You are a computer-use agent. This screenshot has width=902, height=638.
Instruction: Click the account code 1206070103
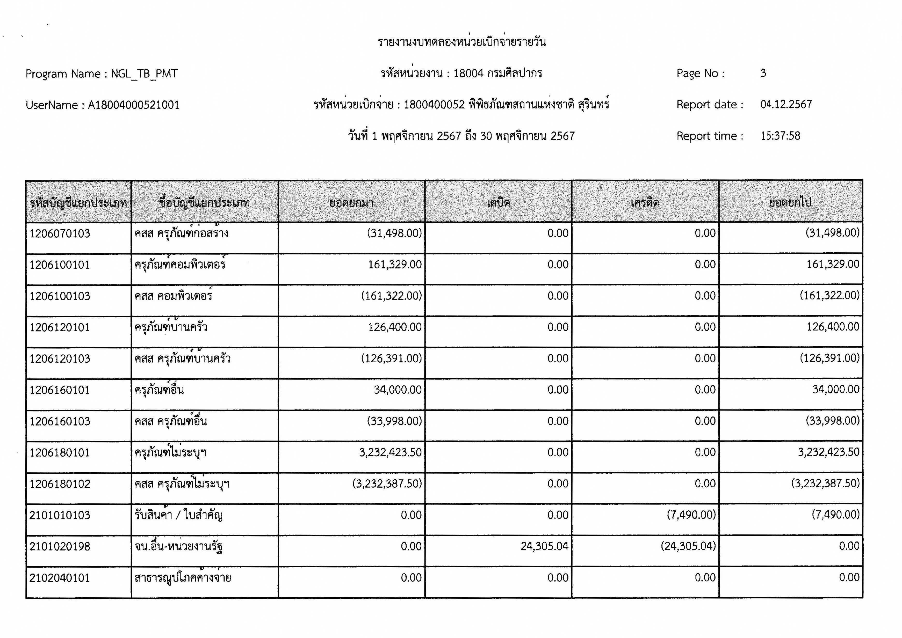[60, 234]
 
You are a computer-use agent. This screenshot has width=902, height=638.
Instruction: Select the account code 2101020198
[60, 546]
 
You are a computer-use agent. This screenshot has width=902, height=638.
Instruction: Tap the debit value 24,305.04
[544, 546]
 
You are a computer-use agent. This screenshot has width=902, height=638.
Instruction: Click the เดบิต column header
[498, 203]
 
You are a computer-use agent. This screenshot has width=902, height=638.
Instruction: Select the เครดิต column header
[645, 203]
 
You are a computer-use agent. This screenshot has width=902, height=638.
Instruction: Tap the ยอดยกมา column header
[351, 203]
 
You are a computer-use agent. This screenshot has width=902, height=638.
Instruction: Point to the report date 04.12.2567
[786, 105]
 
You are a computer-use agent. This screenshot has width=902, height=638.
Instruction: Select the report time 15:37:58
[780, 136]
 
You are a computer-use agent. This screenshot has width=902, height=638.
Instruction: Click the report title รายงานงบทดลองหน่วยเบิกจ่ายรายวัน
[462, 42]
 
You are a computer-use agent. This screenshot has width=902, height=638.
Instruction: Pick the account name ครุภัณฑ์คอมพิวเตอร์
[180, 265]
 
